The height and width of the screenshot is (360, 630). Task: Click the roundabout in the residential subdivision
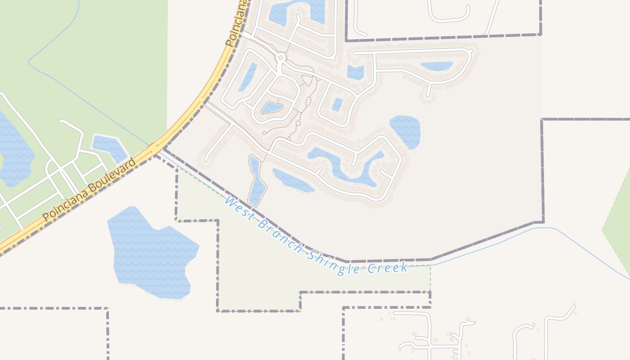281,58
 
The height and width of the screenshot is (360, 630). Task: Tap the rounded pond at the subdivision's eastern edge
405,130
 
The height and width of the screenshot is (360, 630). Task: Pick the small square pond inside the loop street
337,104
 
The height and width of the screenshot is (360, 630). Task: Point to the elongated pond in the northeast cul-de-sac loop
436,66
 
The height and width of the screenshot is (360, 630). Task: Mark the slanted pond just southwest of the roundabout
248,76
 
